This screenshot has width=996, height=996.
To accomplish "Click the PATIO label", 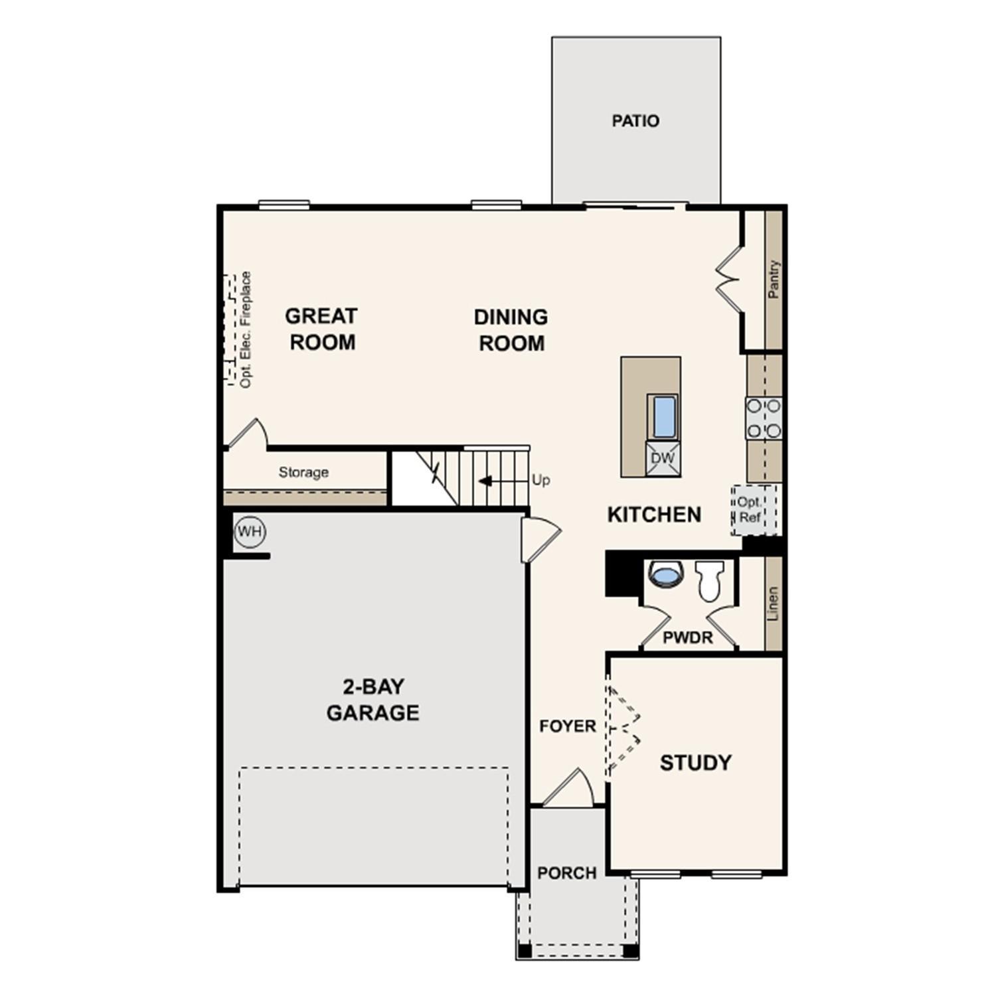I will click(635, 121).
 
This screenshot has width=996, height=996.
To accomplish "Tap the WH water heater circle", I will click(250, 532).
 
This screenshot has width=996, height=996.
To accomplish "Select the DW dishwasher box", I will click(662, 458).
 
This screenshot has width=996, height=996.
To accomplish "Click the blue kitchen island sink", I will click(663, 416).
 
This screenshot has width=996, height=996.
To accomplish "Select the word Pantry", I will click(774, 279).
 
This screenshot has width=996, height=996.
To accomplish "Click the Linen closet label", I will click(773, 603).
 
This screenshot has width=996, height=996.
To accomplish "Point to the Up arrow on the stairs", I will click(486, 480).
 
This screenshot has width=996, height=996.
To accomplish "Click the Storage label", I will click(303, 472).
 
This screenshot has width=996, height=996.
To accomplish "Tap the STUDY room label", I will click(695, 763).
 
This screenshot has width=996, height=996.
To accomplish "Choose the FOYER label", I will click(567, 726).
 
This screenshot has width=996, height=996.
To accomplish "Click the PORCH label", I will click(567, 872).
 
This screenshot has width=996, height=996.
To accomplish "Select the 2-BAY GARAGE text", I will click(373, 699).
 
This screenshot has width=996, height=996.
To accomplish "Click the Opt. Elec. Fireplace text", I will click(246, 329).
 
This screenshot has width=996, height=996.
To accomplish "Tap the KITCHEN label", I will click(654, 515).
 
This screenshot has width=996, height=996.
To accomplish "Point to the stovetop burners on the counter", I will click(764, 418).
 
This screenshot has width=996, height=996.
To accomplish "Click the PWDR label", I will click(687, 637).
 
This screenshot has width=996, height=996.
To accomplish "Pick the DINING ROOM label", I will click(511, 330).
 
